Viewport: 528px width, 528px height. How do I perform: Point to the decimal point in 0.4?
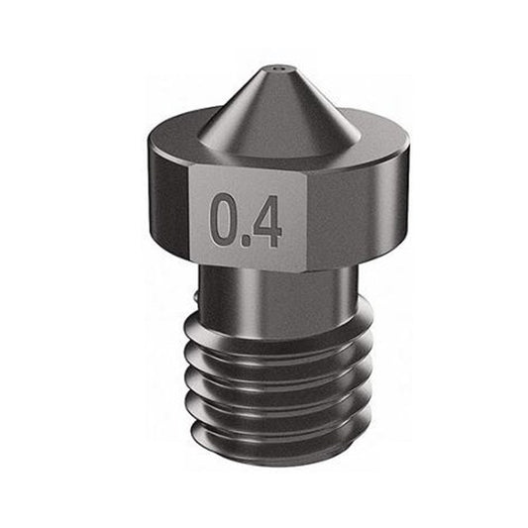tap(244, 241)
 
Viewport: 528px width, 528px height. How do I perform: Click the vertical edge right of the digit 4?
tap(308, 218)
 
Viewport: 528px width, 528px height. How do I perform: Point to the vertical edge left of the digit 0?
tap(190, 213)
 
